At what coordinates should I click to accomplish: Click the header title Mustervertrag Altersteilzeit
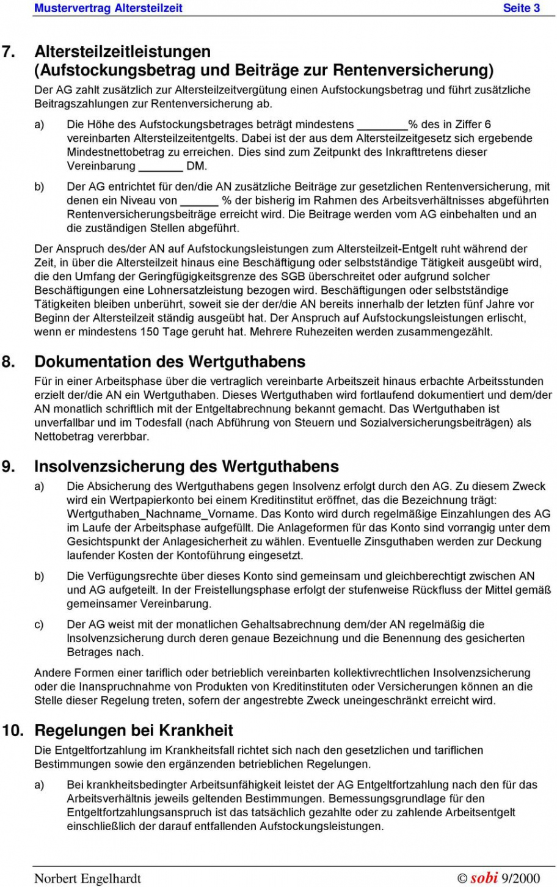coord(108,8)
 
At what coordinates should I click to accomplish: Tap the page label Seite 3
coord(521,8)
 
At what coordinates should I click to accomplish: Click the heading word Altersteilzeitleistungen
coord(123,52)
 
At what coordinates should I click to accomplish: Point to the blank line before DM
coord(161,167)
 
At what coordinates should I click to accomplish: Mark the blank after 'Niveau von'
coord(199,201)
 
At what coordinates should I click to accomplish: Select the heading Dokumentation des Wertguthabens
coord(170,362)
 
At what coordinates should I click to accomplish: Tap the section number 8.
coord(8,362)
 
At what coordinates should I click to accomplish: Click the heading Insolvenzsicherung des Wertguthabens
coord(186,467)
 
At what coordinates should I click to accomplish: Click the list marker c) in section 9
coord(39,624)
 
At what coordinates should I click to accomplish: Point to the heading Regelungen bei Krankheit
coord(134,731)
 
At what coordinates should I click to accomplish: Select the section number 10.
coord(13,731)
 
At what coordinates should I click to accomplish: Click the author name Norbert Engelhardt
coord(87,878)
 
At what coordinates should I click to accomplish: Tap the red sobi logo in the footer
coord(484,878)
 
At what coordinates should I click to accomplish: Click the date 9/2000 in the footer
coord(521,878)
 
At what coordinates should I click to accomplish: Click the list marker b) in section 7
coord(39,187)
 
